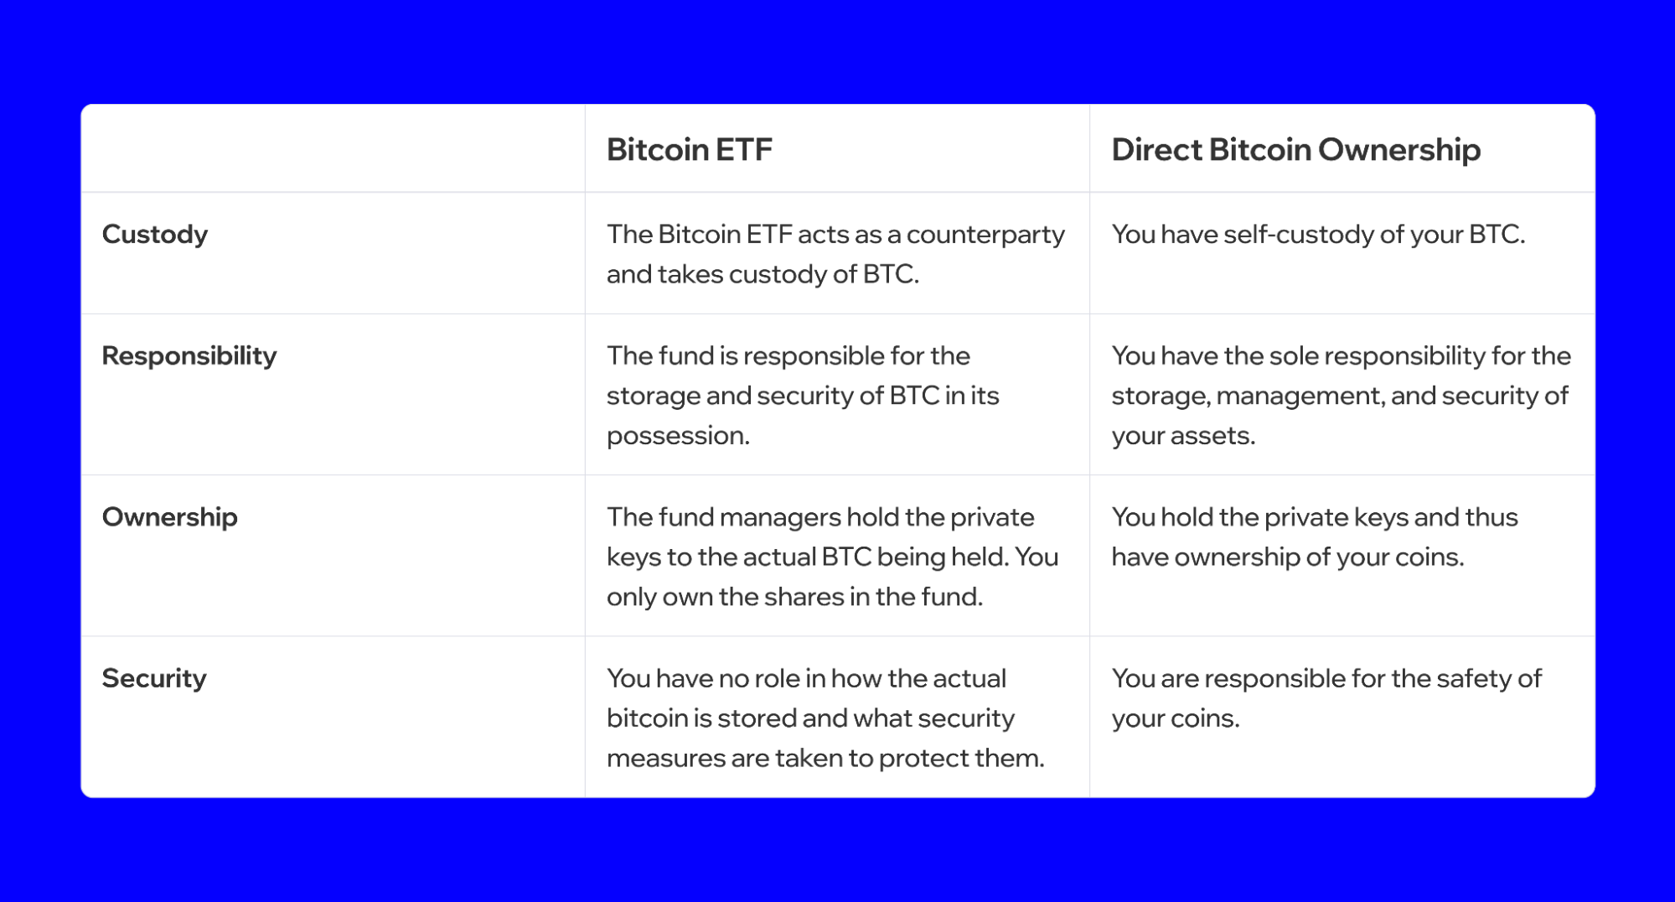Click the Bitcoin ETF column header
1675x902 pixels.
point(689,150)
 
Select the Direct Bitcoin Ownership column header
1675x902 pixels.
point(1295,150)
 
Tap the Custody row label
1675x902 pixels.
point(155,235)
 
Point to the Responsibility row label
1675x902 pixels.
point(189,356)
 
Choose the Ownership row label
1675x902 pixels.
point(170,517)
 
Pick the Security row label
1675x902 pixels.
point(154,678)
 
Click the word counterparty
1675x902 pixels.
point(985,235)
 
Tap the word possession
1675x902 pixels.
point(677,436)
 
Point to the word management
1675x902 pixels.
point(1298,396)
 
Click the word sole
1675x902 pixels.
point(1293,356)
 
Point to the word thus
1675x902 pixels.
point(1491,517)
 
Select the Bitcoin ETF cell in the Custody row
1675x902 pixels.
point(835,254)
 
